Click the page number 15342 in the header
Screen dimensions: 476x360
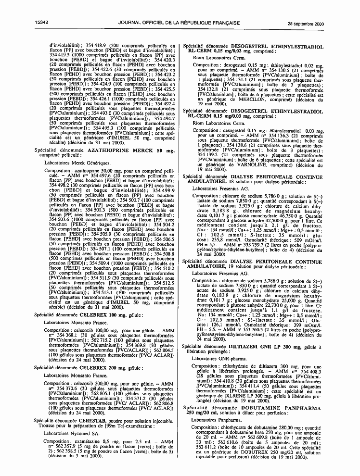tap(42, 23)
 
